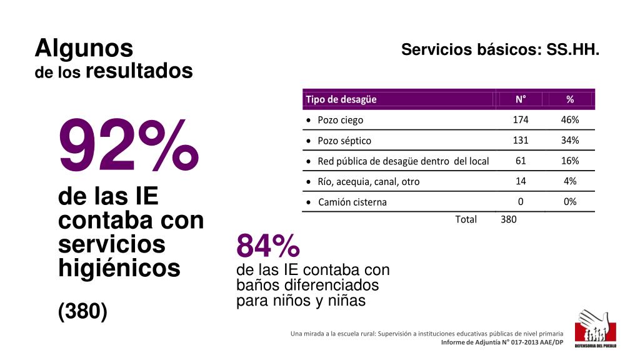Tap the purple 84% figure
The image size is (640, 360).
(x=268, y=247)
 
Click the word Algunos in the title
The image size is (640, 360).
(x=84, y=48)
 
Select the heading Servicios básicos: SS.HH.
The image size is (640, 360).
(x=500, y=50)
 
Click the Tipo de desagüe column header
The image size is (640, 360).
(x=341, y=99)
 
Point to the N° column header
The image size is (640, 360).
(x=521, y=99)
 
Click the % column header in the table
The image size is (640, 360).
(x=569, y=99)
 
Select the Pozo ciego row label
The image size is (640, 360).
(x=340, y=120)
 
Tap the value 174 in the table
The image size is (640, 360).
(x=521, y=119)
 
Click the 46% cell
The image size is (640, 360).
(x=570, y=119)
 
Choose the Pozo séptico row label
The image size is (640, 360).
(x=344, y=141)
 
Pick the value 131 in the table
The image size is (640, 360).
(x=521, y=140)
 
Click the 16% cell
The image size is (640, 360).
(x=570, y=161)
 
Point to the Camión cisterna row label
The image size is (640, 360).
(x=352, y=202)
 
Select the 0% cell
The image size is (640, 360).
(x=570, y=201)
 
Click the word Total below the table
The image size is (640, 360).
(x=466, y=219)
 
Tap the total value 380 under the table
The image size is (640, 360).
(x=509, y=219)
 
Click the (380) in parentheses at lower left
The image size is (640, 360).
(x=82, y=311)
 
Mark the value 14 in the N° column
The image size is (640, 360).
(x=521, y=181)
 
